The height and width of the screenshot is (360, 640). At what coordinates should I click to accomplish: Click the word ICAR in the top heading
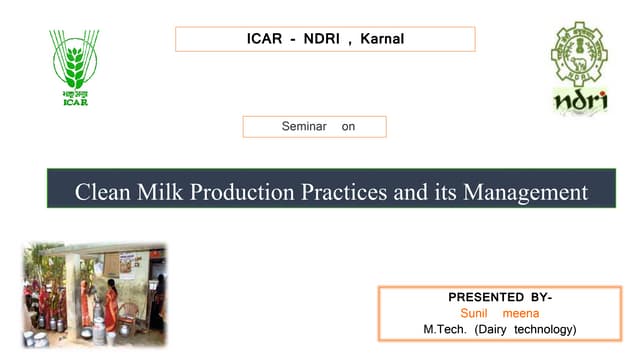pos(265,39)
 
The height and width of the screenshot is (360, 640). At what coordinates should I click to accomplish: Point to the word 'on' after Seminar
pos(348,127)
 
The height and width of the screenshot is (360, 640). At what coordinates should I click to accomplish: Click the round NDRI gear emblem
pos(579,54)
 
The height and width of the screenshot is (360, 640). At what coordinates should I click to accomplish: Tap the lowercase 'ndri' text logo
pos(580,100)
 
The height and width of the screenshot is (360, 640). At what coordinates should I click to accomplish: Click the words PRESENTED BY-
pos(500,297)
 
